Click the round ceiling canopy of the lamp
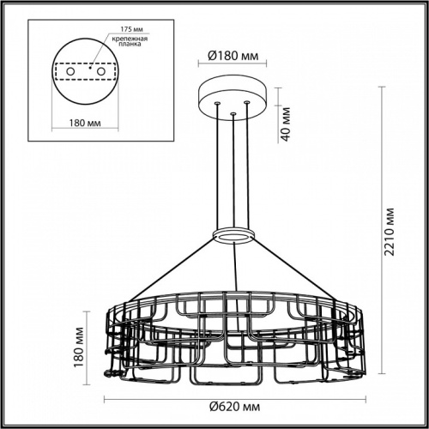coord(233,94)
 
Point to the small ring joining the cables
coord(233,235)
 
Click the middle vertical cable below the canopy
coord(233,172)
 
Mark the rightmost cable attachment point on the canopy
coord(247,104)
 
